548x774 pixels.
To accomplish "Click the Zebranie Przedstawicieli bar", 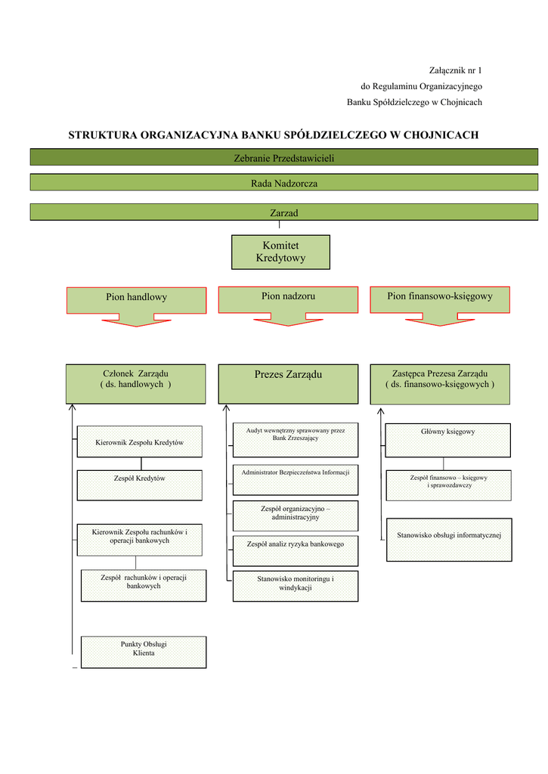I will (x=283, y=157).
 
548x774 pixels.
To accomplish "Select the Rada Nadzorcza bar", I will (x=283, y=183).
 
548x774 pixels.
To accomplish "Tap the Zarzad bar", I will (x=283, y=212).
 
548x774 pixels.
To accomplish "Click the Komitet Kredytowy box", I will (x=280, y=252).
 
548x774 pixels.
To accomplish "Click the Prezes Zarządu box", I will (x=288, y=384).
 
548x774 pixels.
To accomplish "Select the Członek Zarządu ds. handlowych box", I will (x=135, y=384).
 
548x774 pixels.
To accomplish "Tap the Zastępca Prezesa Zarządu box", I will (x=440, y=384).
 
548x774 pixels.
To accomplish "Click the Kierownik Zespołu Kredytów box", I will (x=140, y=441).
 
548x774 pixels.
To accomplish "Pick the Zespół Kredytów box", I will (x=140, y=485).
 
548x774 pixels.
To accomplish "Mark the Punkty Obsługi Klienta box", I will (x=144, y=652).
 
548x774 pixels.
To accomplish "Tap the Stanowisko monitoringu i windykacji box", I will (x=295, y=586).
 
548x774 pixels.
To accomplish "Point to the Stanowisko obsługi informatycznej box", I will (x=449, y=540).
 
